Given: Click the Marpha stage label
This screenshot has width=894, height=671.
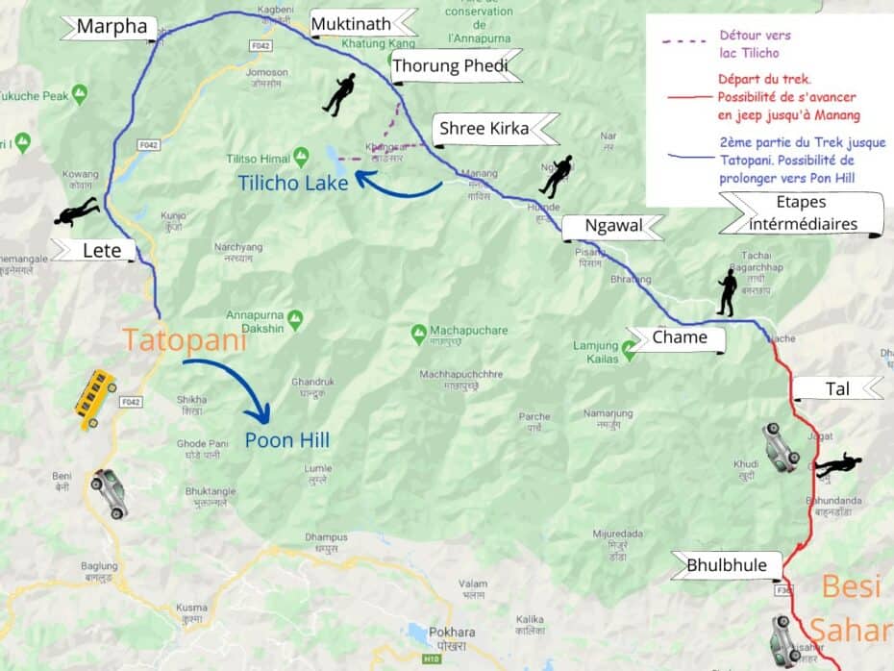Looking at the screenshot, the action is [x=111, y=27].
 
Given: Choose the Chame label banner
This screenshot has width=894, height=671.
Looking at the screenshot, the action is [x=679, y=337].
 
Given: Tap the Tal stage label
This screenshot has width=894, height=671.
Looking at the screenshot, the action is [x=835, y=388].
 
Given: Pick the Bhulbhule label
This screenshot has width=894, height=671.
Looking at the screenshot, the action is [x=727, y=565].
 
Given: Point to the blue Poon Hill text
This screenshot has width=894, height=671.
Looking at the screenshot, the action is [x=286, y=440].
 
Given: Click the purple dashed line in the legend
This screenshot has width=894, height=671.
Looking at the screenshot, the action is [x=684, y=41].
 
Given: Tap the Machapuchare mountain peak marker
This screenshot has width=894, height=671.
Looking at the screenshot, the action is [x=418, y=334].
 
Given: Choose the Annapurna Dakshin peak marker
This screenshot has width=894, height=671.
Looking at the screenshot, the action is [x=296, y=316].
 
